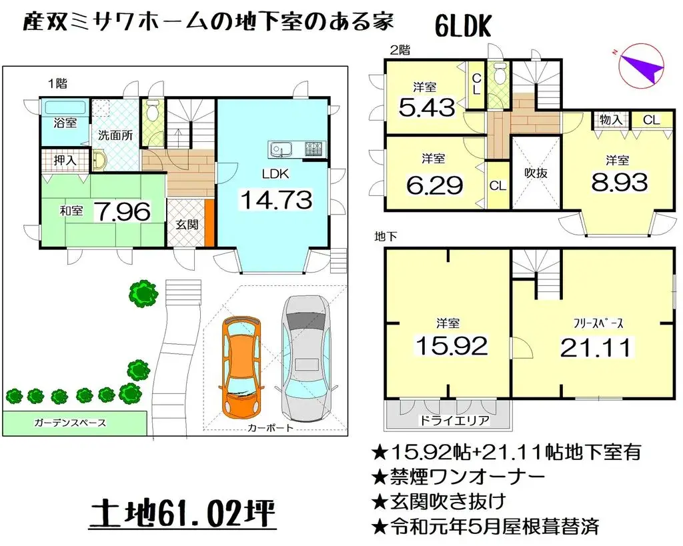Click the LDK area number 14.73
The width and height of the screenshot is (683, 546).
tap(275, 199)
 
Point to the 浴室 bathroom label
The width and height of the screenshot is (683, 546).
tap(65, 123)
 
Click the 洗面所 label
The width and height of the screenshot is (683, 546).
tap(115, 135)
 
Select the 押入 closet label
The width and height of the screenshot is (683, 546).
tap(65, 161)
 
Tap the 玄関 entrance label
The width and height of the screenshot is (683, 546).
tap(187, 225)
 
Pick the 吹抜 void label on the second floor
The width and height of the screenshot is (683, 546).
tap(535, 173)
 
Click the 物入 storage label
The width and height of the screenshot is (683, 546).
tap(611, 120)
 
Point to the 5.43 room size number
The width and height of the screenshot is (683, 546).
tap(426, 107)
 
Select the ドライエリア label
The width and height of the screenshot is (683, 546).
tap(446, 421)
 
